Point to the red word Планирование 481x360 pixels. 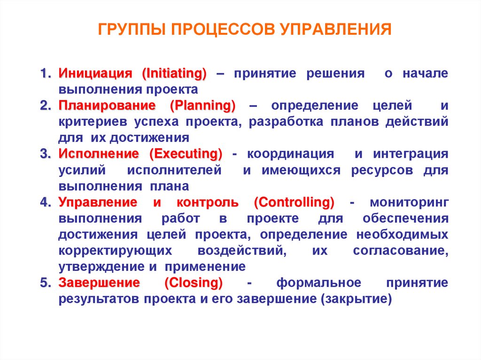tap(109, 106)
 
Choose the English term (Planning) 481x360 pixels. tap(203, 106)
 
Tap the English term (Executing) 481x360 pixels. tap(186, 154)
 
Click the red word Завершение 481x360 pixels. tap(99, 283)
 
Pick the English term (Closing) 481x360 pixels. tap(194, 283)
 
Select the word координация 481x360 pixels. tap(291, 154)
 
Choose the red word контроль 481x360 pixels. tap(207, 203)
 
